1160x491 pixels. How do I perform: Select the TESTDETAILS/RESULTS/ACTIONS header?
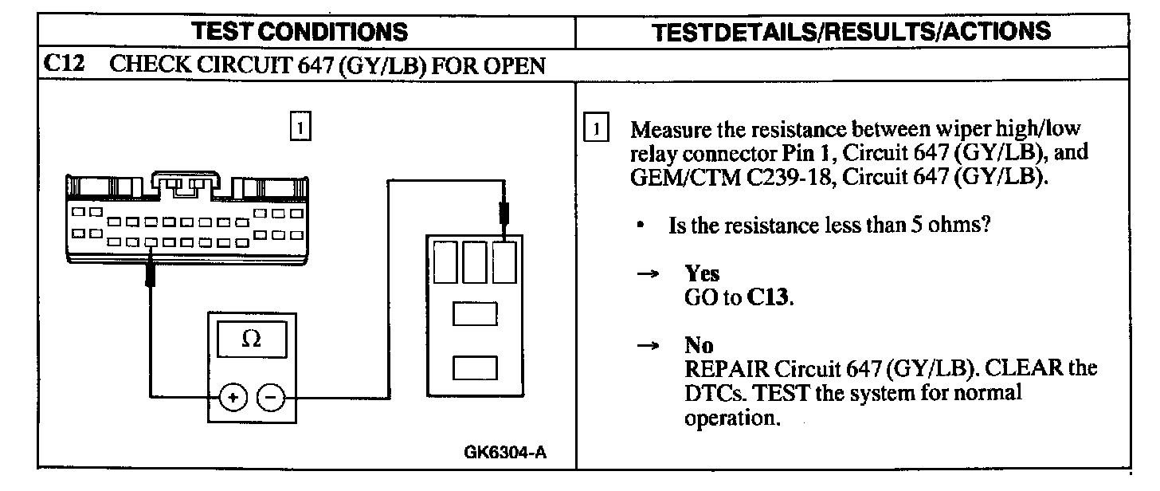pos(851,31)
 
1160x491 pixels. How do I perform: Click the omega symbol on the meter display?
pos(250,340)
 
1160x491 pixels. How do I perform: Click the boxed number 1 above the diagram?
pos(300,128)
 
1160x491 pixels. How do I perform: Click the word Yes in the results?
pos(702,273)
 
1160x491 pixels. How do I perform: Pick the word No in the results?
pos(699,346)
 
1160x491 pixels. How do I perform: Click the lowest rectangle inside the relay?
pos(475,367)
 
